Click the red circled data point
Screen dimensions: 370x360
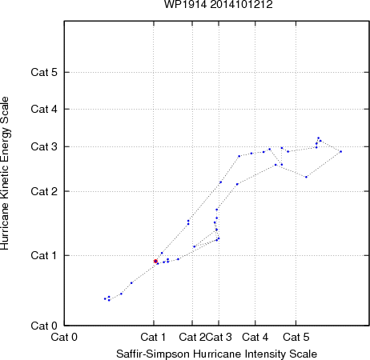(x=155, y=262)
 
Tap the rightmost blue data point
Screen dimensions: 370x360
(x=340, y=151)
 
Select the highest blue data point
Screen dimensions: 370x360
(x=318, y=138)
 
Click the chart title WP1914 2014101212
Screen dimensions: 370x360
(x=219, y=5)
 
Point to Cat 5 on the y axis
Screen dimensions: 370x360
(x=44, y=72)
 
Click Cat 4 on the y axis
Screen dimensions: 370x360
(x=44, y=109)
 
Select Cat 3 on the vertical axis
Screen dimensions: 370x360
(x=44, y=146)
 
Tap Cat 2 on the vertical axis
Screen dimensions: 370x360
(x=44, y=191)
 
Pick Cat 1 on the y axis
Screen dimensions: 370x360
(x=44, y=255)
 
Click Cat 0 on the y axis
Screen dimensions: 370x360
(x=44, y=326)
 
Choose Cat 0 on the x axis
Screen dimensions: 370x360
(x=64, y=337)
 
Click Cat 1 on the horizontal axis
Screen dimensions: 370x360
(x=153, y=337)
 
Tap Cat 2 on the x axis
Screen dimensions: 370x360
(x=192, y=337)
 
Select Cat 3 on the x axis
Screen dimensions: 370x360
(x=219, y=337)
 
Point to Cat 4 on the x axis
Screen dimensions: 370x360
(x=255, y=337)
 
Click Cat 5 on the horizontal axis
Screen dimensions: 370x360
(x=296, y=337)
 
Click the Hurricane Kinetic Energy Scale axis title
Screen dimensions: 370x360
(x=5, y=174)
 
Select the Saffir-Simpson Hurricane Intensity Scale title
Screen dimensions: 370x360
(x=217, y=354)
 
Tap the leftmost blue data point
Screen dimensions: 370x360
(x=105, y=298)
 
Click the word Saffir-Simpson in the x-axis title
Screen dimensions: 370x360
(x=153, y=354)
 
